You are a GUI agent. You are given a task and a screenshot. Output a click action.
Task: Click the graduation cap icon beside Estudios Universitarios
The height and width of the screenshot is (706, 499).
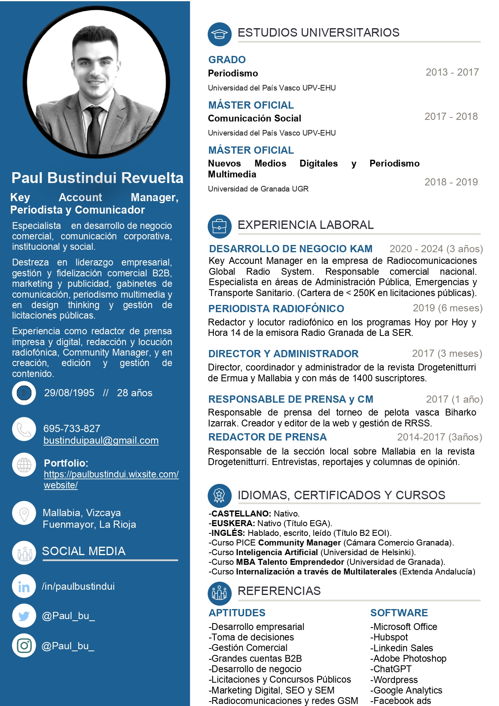coord(220,34)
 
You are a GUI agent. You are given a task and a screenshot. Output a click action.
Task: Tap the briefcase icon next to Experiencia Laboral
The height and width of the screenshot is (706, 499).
coord(220,226)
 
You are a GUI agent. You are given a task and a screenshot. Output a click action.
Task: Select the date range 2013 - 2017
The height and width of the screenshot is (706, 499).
coord(452,72)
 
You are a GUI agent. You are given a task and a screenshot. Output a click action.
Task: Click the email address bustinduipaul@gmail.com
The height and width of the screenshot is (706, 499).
coord(101,440)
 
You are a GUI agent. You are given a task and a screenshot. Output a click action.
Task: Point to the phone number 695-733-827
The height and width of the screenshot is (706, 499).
coord(72,428)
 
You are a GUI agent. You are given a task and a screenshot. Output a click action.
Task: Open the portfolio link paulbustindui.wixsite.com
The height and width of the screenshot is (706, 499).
coord(111,480)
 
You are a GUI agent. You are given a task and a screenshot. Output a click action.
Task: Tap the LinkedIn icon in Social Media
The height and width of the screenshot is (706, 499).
coord(24,587)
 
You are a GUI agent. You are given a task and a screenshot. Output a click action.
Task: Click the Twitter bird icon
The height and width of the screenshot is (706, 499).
coord(24,616)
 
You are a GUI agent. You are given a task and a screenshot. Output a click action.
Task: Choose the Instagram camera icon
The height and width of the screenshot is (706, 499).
coord(24,646)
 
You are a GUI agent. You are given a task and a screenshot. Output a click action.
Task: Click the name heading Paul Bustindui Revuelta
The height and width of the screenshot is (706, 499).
coord(97,178)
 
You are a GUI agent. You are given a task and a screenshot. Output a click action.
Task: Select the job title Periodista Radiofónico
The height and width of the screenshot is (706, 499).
coord(276,309)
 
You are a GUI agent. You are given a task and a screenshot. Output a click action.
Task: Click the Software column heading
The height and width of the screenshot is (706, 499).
coord(399,613)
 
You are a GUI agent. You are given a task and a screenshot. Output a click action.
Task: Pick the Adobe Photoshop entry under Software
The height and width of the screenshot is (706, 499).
coord(408,659)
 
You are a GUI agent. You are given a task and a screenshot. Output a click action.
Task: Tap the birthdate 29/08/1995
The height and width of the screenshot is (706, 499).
coord(69,393)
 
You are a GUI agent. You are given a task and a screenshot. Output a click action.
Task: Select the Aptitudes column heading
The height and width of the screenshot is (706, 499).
coord(237,613)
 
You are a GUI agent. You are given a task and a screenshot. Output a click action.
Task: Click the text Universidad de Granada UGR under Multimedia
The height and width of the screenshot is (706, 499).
coord(258,189)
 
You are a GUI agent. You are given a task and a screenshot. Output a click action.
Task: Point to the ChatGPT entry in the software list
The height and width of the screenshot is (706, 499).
coord(391,669)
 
